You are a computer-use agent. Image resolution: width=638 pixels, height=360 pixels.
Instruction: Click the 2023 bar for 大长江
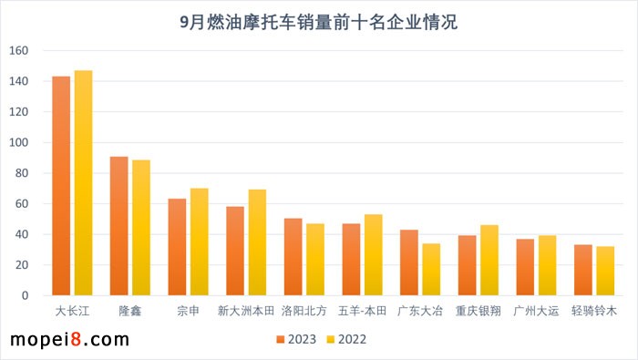[61, 186]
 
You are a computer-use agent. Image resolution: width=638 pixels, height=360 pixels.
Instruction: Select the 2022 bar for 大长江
[83, 183]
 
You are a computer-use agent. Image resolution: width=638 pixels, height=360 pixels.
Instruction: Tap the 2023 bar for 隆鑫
[118, 226]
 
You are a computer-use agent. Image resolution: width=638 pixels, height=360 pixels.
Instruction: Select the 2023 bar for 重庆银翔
[467, 265]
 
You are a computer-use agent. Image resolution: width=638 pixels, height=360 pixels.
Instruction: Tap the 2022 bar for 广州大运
[547, 265]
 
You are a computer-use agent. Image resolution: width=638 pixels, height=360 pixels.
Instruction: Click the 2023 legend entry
[297, 339]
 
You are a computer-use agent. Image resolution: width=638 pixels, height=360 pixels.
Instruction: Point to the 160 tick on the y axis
[19, 51]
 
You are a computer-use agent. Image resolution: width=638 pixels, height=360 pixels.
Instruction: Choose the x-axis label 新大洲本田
[245, 311]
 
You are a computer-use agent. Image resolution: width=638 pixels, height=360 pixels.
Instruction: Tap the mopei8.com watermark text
[68, 340]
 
